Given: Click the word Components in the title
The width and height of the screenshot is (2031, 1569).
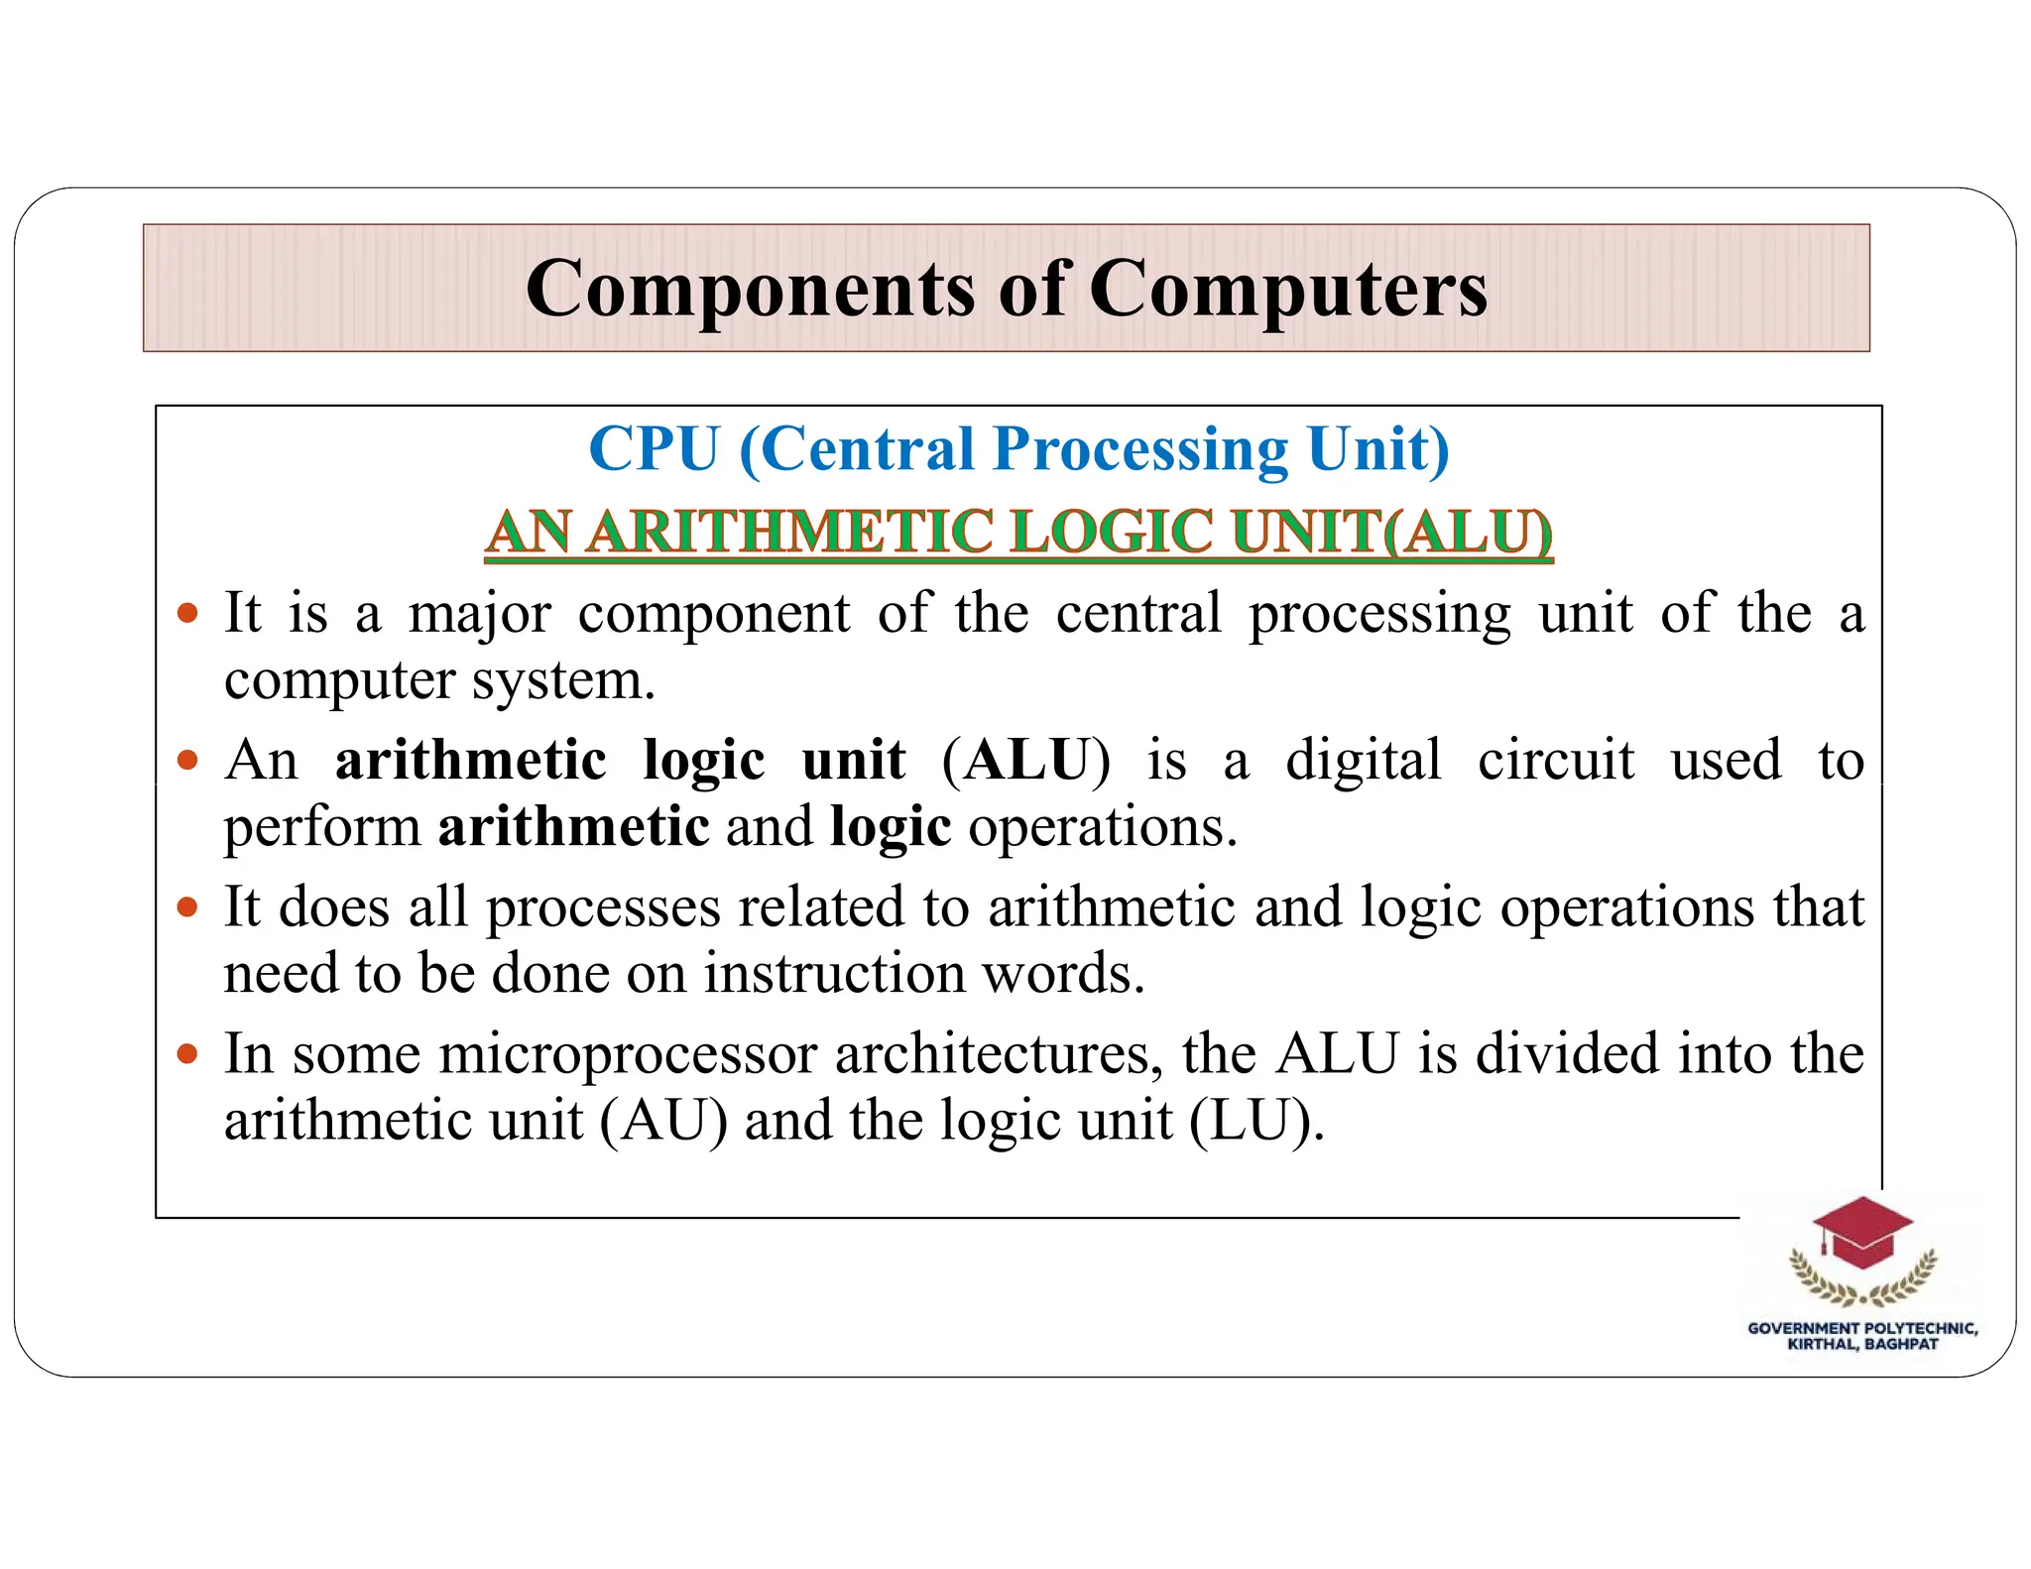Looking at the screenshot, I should tap(750, 290).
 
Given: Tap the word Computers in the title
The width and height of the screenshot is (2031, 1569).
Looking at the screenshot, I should tap(1288, 290).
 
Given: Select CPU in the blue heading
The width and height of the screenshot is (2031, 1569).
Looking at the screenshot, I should tap(654, 449).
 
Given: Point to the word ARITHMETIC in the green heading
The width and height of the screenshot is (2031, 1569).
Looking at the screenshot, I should tap(789, 532).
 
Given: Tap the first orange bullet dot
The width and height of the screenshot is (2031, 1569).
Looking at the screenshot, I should tap(187, 613).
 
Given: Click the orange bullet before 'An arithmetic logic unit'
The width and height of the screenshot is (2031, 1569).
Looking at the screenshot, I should tap(187, 761).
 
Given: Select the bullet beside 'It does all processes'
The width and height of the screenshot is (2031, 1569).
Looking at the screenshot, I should tap(187, 906).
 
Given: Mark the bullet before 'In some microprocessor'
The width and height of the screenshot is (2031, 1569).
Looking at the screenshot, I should tap(187, 1053).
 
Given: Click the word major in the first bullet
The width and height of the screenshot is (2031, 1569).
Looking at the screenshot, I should tap(479, 613).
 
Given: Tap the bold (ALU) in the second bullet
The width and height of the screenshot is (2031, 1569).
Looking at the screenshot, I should tap(1026, 762).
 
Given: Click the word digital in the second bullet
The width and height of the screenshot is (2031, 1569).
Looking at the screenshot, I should tap(1364, 762).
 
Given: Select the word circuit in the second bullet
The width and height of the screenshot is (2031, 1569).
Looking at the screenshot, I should tap(1555, 762).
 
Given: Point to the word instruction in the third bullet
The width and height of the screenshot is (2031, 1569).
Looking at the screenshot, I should tap(834, 974).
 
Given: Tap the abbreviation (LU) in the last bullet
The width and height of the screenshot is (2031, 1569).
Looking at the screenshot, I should tap(1255, 1122).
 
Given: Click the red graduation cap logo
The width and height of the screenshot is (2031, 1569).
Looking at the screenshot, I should tap(1861, 1233).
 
